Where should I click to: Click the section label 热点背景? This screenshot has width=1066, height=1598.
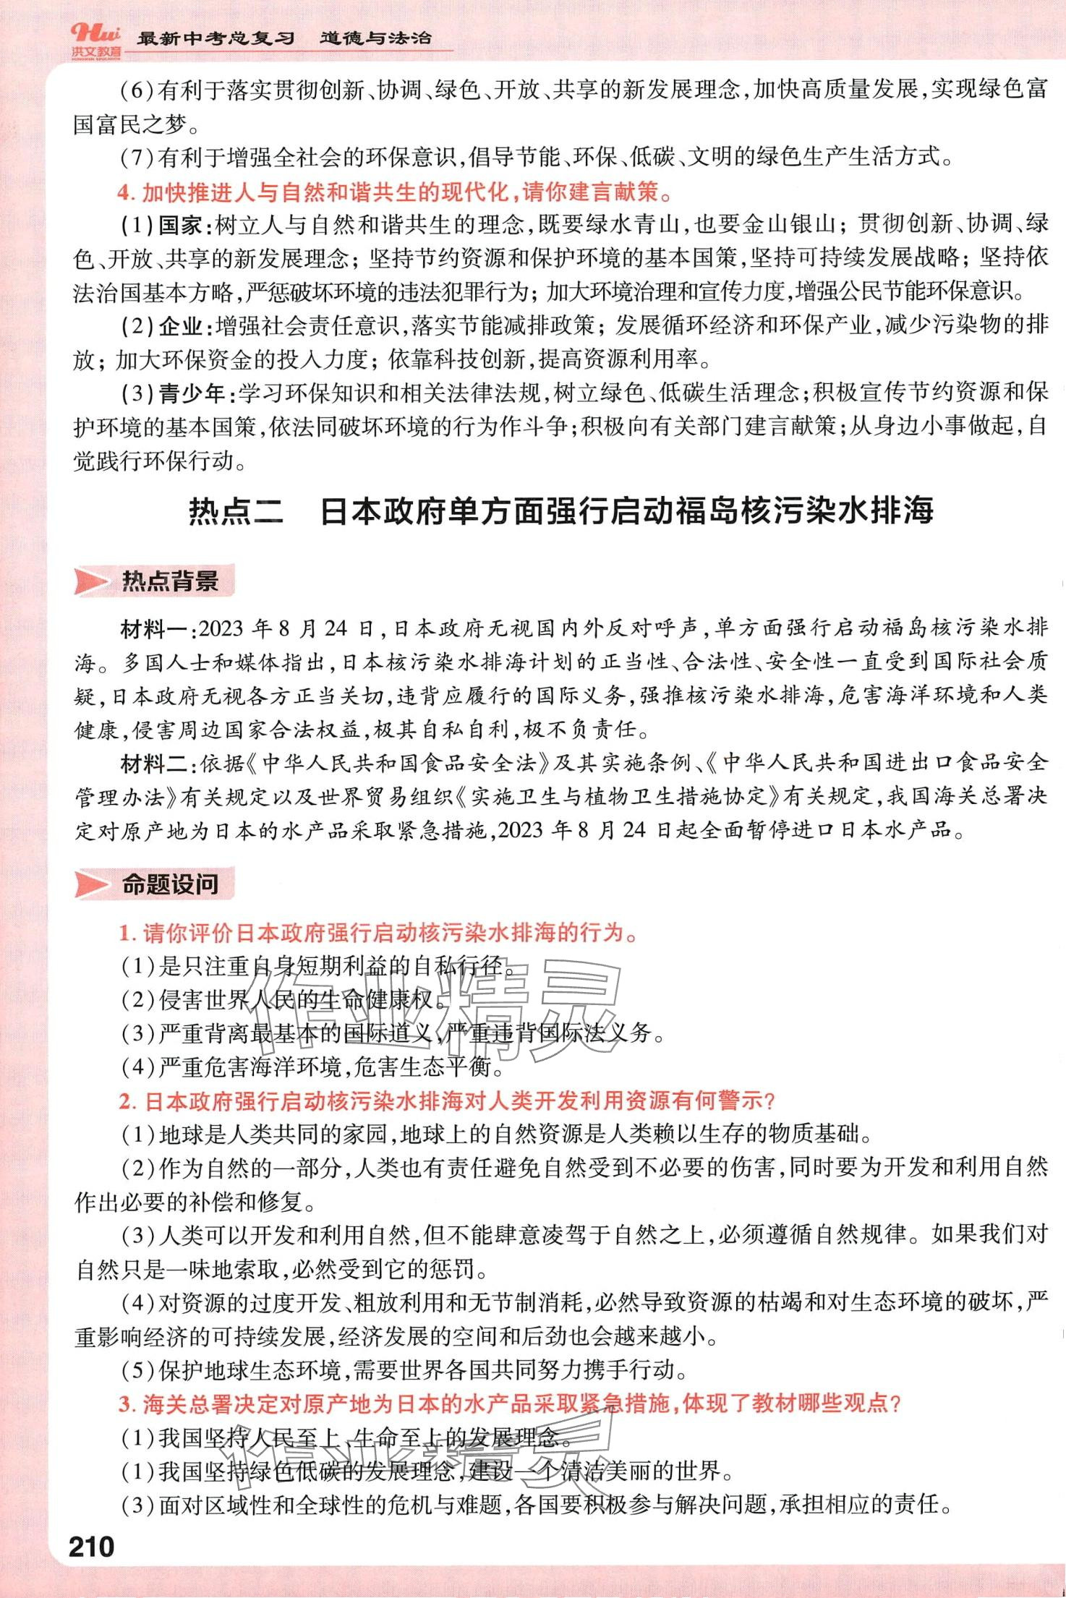click(x=169, y=581)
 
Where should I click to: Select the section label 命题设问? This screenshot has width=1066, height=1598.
click(x=169, y=884)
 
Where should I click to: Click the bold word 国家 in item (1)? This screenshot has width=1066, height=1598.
click(x=180, y=225)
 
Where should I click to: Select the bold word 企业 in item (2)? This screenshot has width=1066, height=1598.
click(x=180, y=326)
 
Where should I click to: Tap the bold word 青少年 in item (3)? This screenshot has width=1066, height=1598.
click(x=192, y=393)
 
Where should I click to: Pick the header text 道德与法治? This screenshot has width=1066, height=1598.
click(x=375, y=38)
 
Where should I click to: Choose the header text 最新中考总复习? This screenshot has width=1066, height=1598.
click(x=216, y=38)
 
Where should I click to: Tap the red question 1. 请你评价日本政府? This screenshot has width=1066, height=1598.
click(x=380, y=933)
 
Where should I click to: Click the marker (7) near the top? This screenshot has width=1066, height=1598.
click(x=137, y=157)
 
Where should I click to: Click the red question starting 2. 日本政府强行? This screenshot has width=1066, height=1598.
click(x=447, y=1101)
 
